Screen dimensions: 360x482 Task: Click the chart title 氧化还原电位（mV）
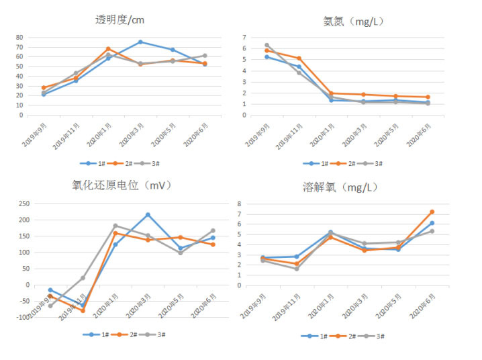122,185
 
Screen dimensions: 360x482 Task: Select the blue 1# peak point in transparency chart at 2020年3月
140,42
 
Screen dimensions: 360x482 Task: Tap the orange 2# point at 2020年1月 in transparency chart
108,49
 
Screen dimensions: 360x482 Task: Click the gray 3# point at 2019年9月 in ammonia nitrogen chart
267,45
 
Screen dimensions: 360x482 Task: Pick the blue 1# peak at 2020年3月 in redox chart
148,215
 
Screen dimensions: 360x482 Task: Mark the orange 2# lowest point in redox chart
83,310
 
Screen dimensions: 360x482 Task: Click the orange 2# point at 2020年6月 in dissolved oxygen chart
432,212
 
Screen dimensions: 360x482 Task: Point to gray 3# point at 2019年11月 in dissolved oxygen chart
296,269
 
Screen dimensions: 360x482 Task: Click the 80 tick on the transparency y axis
19,38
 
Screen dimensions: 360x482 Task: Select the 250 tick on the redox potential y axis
23,204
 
